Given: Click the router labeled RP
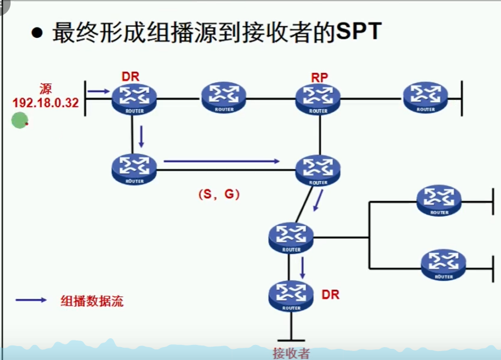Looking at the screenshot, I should point(318,99).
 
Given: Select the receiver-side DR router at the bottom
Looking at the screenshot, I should point(291,296).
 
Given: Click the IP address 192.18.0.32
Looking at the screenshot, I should point(46,103).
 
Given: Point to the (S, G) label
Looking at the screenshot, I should point(219,194).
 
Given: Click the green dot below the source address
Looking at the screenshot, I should point(20,120).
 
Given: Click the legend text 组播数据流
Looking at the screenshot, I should point(92,301).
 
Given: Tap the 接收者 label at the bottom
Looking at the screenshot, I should point(291,353).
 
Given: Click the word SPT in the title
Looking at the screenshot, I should point(358,32).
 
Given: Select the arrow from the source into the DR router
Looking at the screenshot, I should point(99,91).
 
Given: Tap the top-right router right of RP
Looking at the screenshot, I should point(426,97).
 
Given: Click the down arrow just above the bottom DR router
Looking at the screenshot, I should point(302,268).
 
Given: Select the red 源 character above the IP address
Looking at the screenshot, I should point(46,89).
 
